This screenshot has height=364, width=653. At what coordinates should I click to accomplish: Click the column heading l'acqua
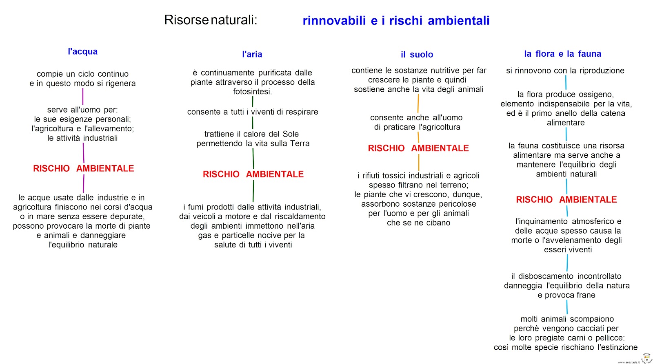point(83,51)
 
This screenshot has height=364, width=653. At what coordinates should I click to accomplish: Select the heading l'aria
point(252,54)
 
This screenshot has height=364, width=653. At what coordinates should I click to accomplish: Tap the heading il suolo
point(417,55)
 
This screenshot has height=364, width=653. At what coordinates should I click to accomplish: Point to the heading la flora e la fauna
point(563,54)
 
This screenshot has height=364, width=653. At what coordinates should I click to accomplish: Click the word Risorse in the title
point(187,20)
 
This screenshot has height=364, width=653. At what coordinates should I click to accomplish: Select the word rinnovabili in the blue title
point(334,21)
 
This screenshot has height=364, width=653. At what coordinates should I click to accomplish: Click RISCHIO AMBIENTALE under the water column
point(83,168)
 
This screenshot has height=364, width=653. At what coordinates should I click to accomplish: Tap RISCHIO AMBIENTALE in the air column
point(253,174)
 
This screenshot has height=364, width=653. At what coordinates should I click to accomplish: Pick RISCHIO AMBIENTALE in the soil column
point(418,148)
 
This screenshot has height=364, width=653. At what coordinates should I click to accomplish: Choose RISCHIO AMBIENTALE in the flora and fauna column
point(566,199)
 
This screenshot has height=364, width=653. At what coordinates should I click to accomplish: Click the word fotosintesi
point(253,92)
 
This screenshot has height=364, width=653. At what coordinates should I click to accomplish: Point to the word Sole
point(291,134)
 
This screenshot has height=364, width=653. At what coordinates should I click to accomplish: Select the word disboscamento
point(546,276)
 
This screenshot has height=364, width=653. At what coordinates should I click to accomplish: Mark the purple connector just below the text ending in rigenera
point(83,96)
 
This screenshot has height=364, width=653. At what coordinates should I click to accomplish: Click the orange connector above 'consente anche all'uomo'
point(418,104)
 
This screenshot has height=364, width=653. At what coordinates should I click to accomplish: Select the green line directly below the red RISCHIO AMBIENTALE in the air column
point(253,191)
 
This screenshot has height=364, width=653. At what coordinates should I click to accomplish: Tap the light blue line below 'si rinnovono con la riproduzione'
point(566,82)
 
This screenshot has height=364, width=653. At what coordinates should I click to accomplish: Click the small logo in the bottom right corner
point(646,358)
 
